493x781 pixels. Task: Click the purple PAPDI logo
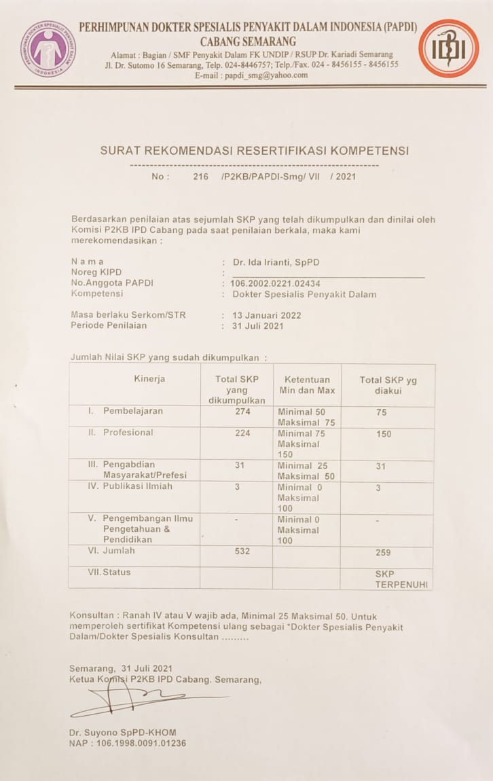(x=48, y=48)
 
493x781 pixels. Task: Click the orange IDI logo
(x=448, y=48)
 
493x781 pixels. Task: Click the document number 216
(x=200, y=177)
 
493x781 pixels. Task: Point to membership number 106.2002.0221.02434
(x=275, y=283)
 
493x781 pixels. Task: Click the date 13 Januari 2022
(x=266, y=315)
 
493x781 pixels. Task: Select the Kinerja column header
(x=149, y=379)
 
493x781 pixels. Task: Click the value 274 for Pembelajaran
(x=242, y=412)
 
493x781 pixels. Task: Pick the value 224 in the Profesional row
(x=242, y=433)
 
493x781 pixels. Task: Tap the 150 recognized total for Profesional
(x=384, y=434)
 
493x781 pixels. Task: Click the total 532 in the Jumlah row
(x=242, y=551)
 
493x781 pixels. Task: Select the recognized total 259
(x=383, y=553)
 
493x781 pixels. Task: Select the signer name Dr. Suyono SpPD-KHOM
(x=122, y=732)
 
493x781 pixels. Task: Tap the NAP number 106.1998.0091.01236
(x=127, y=743)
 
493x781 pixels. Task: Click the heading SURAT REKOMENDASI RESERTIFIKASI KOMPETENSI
(x=255, y=151)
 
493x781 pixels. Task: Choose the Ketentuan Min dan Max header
(x=307, y=385)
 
